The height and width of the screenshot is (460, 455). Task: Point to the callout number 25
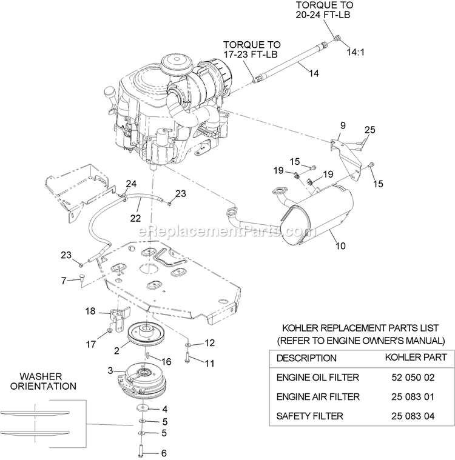click(370, 130)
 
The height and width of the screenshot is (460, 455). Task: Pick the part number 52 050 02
click(416, 377)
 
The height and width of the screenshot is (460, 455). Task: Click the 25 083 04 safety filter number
click(416, 416)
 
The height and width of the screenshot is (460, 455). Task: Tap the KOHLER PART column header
click(416, 358)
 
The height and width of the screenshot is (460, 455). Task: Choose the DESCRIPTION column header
click(306, 358)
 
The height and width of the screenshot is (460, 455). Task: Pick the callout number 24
click(132, 183)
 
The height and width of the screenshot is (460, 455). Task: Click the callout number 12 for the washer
click(210, 343)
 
